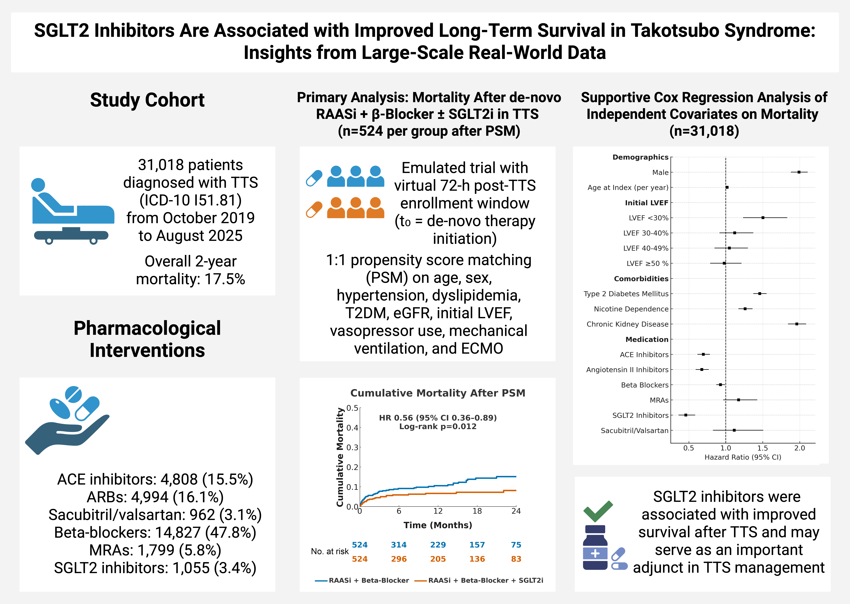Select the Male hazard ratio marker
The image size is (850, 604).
tap(799, 172)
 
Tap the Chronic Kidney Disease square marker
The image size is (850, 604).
tap(796, 324)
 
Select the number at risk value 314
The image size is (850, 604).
tap(399, 545)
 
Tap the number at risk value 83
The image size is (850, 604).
tap(516, 559)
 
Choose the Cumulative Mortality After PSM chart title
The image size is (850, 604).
tap(438, 393)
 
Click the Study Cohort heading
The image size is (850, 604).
tap(147, 100)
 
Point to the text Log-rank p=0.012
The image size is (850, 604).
tap(438, 427)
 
